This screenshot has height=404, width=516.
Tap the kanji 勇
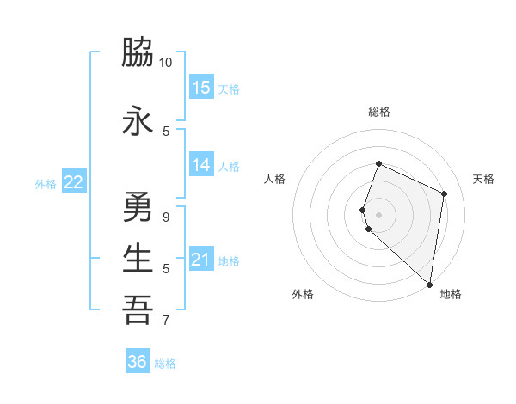pos(138,207)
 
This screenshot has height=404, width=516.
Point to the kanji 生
pos(138,258)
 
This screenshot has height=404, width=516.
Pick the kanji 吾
pos(138,310)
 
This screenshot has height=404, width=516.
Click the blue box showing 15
pos(201,88)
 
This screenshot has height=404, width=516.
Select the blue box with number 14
pos(201,166)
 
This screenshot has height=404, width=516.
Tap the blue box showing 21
pos(201,260)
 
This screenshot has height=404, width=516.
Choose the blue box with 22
pos(74,182)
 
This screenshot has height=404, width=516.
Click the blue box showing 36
pos(138,362)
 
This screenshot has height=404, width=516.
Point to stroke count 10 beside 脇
pos(166,63)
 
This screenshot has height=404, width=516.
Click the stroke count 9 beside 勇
pos(166,217)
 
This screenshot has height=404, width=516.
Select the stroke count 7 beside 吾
pos(166,321)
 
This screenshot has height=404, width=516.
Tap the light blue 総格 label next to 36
pos(165,364)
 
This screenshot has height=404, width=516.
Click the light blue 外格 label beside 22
pos(46,183)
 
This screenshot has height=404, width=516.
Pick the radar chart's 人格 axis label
pos(275,179)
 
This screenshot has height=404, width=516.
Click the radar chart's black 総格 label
pos(378,112)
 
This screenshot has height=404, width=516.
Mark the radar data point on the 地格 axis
pos(430,284)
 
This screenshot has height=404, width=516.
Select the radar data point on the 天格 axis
pos(445,193)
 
